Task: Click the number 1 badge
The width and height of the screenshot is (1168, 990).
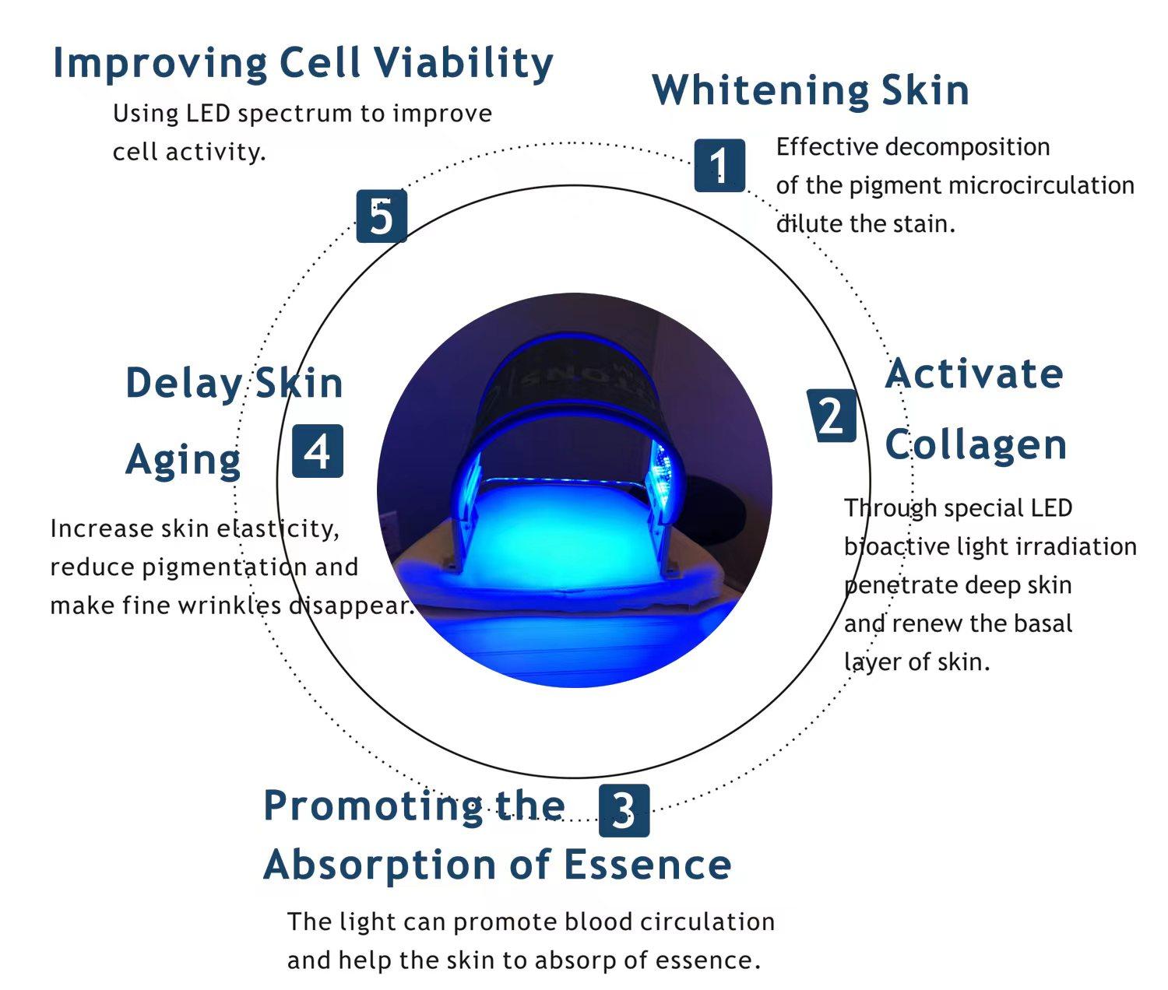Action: (719, 165)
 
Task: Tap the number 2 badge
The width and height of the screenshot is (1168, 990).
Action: (832, 416)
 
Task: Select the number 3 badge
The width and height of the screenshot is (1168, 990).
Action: (624, 811)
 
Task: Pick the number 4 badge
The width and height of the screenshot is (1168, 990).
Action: (318, 451)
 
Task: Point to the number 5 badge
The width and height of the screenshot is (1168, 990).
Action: (382, 216)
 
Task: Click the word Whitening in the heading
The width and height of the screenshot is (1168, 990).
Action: (759, 90)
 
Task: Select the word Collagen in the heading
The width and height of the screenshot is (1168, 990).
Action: (976, 445)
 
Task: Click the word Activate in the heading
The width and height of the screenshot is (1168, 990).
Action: (974, 374)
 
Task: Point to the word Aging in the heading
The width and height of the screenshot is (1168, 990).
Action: (183, 460)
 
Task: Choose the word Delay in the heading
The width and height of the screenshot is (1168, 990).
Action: (184, 384)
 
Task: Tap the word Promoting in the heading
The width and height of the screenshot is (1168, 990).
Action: (371, 806)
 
